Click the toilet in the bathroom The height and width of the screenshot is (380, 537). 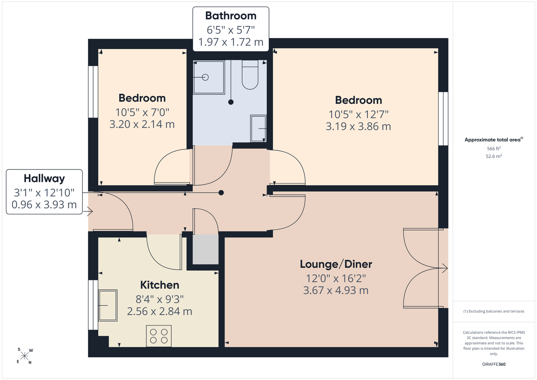point(250,74)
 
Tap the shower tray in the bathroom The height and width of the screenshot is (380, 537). point(209,77)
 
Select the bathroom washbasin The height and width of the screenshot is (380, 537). point(258,128)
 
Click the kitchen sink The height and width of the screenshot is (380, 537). point(108,305)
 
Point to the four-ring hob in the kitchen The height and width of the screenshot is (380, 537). point(159,336)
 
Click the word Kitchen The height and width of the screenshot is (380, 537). point(160,285)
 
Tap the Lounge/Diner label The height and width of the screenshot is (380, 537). point(336,264)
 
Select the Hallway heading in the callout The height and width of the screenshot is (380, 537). point(44,179)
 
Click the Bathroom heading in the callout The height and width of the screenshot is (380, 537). point(231,16)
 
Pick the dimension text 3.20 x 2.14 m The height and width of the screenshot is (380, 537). point(142,124)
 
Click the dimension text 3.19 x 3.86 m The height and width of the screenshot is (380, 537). point(358,126)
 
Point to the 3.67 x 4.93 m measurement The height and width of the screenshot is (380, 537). point(336,290)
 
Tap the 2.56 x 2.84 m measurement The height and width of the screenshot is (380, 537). point(159,312)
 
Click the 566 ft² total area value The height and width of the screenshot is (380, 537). point(494,149)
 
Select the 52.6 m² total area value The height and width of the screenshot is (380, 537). point(494,156)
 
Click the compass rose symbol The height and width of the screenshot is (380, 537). point(24,356)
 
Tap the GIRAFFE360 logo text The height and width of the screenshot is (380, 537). point(494,364)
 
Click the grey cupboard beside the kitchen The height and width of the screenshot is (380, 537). point(206,249)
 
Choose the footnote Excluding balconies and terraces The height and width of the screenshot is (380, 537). point(494,311)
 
